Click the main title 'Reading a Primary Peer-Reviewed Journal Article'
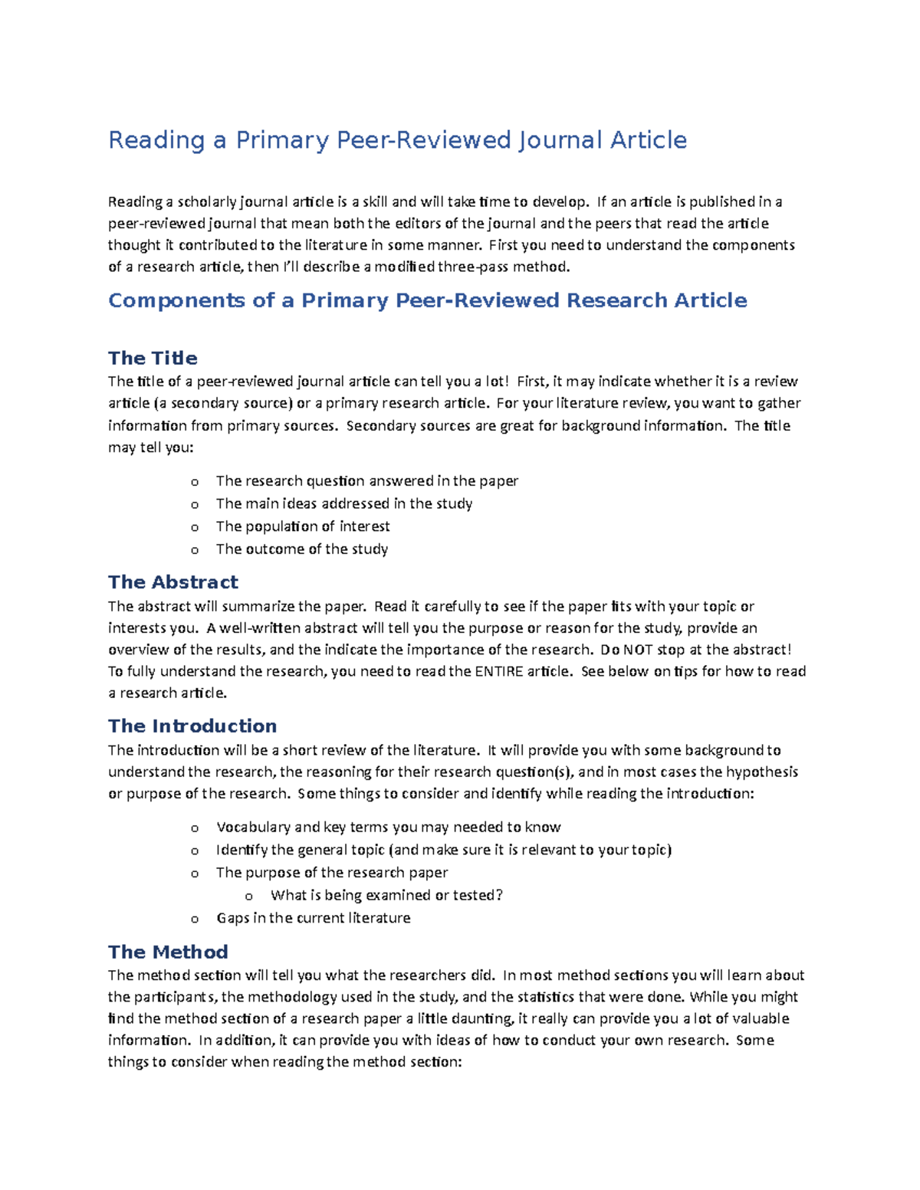[397, 140]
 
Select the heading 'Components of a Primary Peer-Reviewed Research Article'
[427, 300]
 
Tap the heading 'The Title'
[153, 358]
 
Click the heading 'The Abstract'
[173, 582]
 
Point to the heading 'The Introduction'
[192, 726]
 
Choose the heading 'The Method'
[168, 952]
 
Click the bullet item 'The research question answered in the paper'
[366, 481]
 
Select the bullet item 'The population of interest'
[303, 526]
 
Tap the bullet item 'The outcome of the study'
[302, 549]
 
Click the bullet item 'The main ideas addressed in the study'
[344, 503]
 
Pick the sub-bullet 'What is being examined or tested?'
[386, 895]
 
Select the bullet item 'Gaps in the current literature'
[313, 918]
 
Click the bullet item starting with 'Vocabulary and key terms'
[388, 828]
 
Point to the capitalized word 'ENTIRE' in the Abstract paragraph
[498, 671]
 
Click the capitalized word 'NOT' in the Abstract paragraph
[637, 650]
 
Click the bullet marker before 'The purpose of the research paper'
[195, 874]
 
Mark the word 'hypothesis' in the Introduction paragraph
[762, 772]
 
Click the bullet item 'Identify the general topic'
[443, 850]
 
